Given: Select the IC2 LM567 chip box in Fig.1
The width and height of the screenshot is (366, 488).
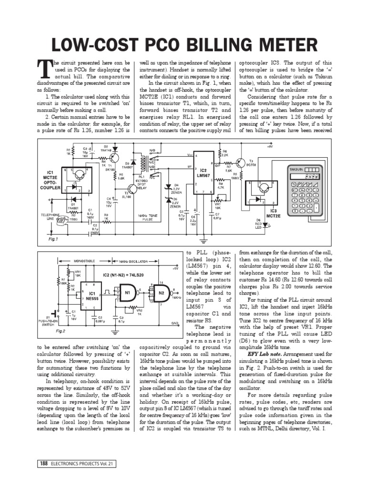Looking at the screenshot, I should coord(203,173).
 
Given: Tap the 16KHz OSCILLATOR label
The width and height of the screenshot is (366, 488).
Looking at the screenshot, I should coord(133,261).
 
